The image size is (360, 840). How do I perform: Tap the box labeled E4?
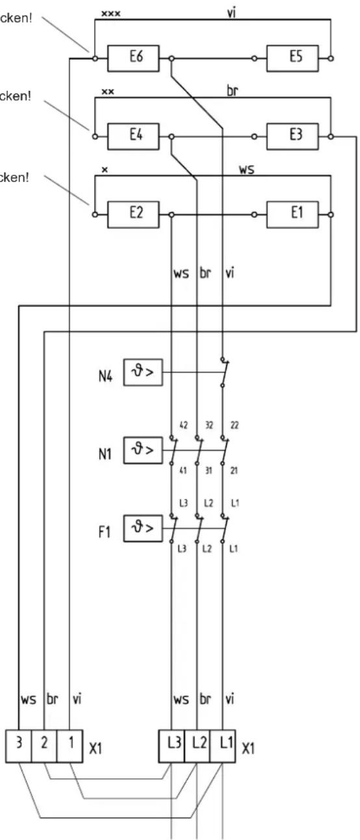coord(136,137)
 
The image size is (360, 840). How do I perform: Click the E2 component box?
coord(136,214)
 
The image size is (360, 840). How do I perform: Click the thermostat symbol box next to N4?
coord(142,373)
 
